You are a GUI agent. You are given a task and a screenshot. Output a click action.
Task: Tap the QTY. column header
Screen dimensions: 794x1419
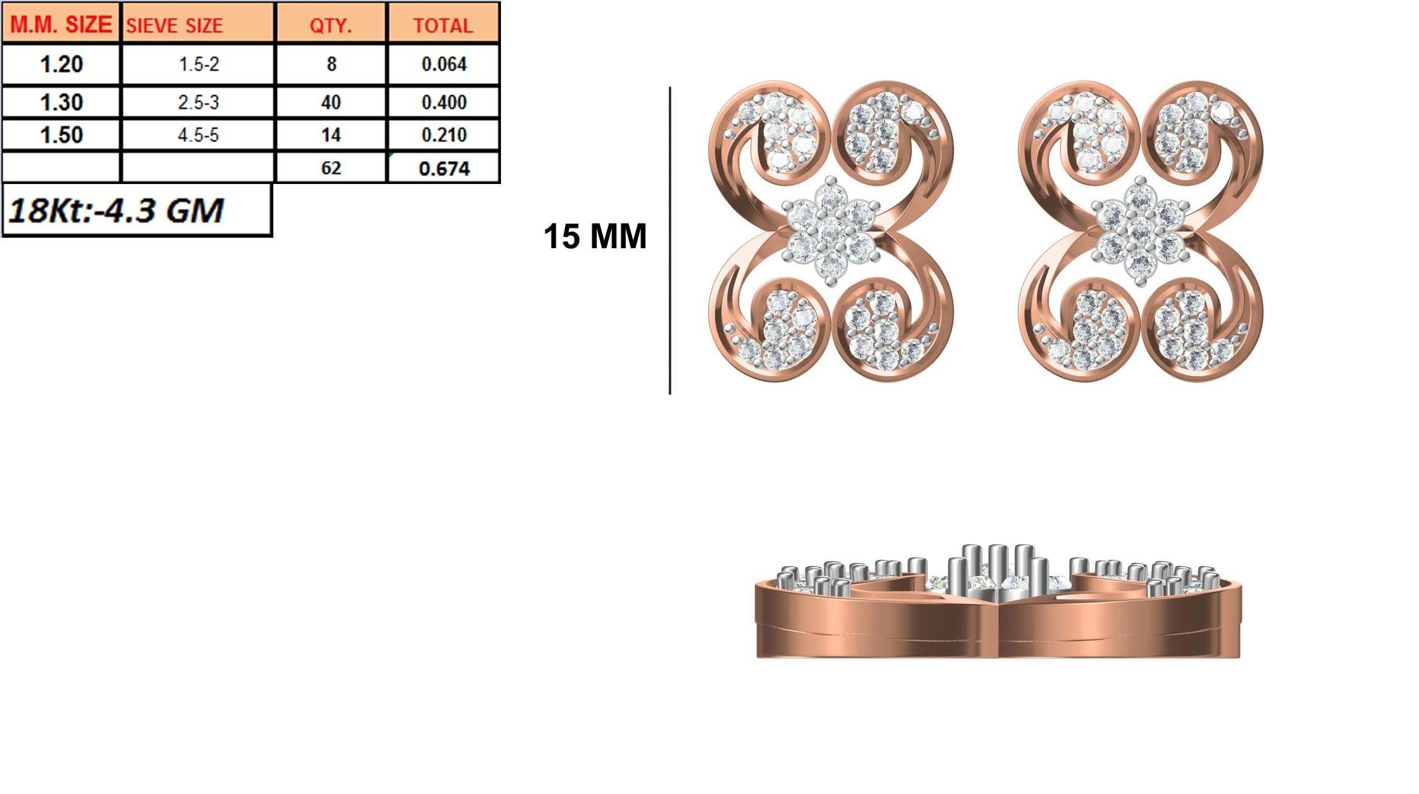331,25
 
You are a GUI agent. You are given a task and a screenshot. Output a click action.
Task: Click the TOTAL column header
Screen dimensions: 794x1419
443,25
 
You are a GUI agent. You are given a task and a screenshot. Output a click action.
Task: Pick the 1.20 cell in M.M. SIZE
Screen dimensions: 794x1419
60,64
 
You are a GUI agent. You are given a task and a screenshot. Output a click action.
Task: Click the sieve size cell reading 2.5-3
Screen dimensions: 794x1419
198,102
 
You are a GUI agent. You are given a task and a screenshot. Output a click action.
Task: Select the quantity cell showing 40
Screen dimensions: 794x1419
331,102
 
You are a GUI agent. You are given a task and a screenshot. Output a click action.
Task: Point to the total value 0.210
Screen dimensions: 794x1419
443,135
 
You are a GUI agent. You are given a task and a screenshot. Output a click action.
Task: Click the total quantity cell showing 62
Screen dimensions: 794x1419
331,168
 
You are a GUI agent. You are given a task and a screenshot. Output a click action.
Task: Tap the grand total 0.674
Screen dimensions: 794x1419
443,168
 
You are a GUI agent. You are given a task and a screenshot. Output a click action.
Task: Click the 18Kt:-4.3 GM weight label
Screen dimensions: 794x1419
116,211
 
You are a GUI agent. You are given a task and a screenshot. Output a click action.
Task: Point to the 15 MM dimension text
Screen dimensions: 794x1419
595,236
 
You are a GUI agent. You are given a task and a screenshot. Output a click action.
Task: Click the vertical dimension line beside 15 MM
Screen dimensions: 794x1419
669,241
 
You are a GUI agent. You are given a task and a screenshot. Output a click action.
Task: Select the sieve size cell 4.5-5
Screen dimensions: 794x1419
198,135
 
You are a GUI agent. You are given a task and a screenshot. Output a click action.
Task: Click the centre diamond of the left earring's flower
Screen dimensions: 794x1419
830,232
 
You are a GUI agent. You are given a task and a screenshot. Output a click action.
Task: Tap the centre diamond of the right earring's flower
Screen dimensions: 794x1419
1140,232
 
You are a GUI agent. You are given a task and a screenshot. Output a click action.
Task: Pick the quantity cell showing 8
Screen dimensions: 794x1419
331,64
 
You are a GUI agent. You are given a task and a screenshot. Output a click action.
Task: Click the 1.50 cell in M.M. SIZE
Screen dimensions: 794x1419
60,135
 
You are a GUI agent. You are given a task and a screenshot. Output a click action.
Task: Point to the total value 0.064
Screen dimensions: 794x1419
443,64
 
